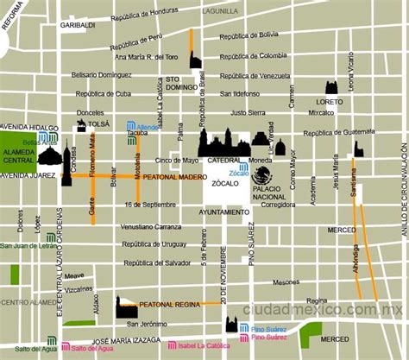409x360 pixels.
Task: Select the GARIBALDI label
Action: tap(76, 25)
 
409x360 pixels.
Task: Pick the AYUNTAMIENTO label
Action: tap(223, 212)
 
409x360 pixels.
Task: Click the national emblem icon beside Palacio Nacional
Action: tap(261, 175)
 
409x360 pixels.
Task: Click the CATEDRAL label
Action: tap(223, 161)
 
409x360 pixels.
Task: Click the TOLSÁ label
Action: tap(99, 123)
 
